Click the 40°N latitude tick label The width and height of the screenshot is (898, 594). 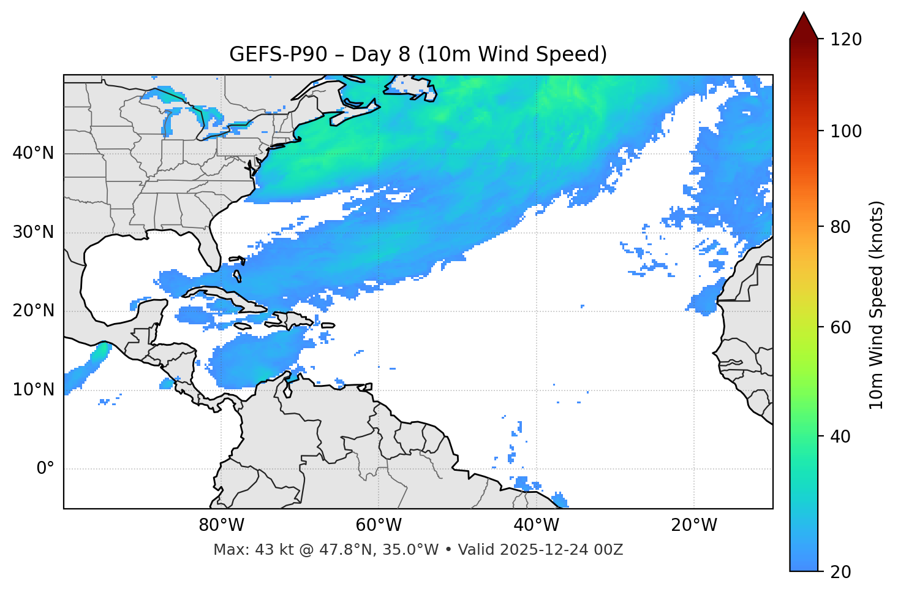(x=33, y=153)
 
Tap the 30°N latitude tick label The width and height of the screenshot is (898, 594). (x=33, y=232)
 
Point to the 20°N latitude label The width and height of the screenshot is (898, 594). (x=33, y=311)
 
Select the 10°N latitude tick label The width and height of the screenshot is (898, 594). (x=33, y=390)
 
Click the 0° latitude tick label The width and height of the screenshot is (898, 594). (x=45, y=469)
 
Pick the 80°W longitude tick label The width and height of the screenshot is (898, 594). (x=221, y=525)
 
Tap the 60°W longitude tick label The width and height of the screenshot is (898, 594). (x=379, y=525)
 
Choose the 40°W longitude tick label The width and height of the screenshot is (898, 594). (x=536, y=525)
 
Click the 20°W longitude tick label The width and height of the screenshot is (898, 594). (x=694, y=525)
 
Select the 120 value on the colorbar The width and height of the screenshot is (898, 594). (x=845, y=40)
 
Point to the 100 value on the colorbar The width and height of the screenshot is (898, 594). (x=845, y=131)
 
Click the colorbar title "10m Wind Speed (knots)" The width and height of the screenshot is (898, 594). (x=877, y=305)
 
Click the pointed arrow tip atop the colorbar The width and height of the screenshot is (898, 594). (x=804, y=15)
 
